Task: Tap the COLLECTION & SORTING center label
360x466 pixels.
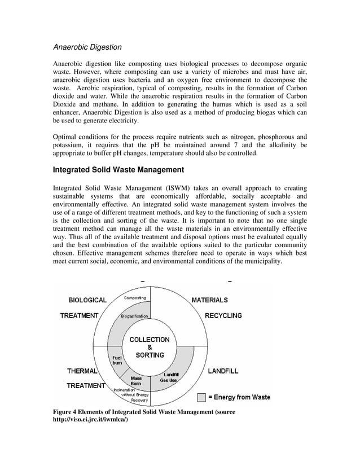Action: [x=149, y=348]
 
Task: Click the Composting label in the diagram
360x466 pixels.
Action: [x=134, y=298]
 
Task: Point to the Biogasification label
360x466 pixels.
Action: [x=134, y=316]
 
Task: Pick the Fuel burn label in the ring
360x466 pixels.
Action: [x=117, y=361]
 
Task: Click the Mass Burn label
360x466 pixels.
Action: [x=136, y=381]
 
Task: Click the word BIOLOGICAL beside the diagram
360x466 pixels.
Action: [x=87, y=300]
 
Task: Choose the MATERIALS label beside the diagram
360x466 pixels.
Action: [x=210, y=300]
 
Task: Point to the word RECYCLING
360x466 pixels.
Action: [x=223, y=315]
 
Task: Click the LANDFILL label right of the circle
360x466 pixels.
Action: [x=223, y=371]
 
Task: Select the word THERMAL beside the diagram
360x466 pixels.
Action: [x=82, y=371]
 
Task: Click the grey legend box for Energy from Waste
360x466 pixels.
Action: [x=201, y=397]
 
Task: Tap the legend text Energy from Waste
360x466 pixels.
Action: [x=239, y=397]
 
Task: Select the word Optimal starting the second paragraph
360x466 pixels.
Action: [x=65, y=137]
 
